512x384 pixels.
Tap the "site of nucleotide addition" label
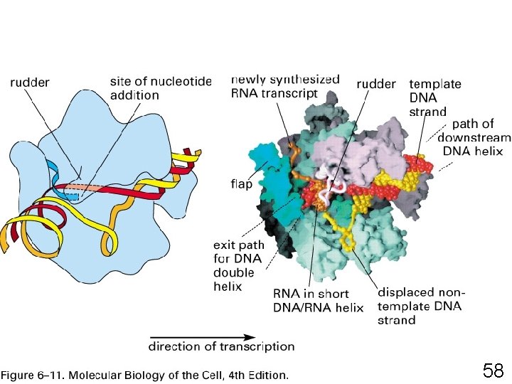[161, 88]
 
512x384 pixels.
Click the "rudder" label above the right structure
[375, 84]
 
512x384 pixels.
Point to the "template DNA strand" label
[434, 97]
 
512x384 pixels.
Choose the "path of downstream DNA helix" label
[474, 138]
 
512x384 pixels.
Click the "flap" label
[241, 183]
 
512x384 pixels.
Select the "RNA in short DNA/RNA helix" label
[318, 301]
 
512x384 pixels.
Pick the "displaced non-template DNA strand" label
[420, 306]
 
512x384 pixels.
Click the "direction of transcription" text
[221, 347]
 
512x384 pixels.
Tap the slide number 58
[493, 370]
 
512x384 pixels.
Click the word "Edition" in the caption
[266, 373]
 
